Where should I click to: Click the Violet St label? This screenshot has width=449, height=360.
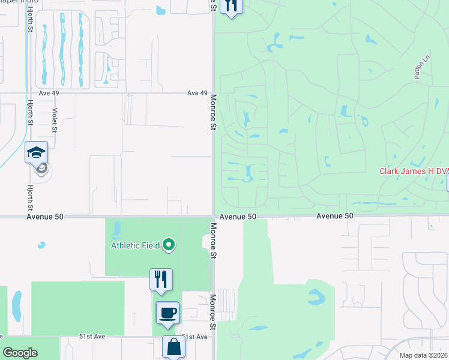55,120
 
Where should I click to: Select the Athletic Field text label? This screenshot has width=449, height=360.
135,245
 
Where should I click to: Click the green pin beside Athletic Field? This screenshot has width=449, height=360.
169,244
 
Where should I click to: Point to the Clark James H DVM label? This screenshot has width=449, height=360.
414,171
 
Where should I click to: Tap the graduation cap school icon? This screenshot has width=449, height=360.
36,153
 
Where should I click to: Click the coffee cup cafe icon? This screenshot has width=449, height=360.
167,313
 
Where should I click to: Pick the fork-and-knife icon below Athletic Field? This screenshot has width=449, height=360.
161,279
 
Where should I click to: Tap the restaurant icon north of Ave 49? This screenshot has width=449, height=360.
231,6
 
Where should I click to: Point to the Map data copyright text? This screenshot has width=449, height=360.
423,355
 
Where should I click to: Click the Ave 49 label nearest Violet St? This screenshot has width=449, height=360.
49,93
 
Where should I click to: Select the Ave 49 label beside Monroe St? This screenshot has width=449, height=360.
197,93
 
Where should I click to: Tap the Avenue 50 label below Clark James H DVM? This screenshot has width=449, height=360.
335,216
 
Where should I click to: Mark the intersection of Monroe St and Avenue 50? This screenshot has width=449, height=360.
213,216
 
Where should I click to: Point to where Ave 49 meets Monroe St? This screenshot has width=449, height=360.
213,93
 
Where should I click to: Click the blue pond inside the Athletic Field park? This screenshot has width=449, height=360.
116,229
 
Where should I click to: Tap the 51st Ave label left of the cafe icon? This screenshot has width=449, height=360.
92,337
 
